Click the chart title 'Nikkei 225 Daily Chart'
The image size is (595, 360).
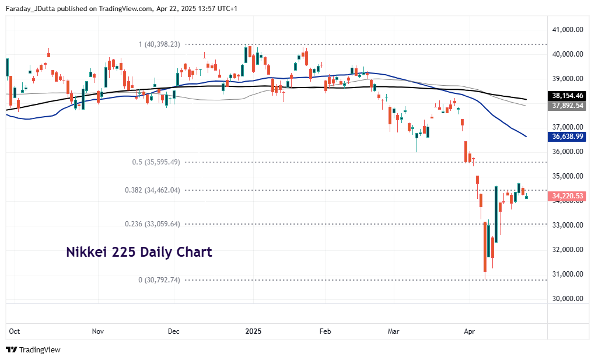coord(139,253)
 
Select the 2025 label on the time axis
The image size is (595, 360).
coord(253,331)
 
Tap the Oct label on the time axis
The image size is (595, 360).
coord(14,331)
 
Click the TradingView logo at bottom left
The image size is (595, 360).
coord(33,349)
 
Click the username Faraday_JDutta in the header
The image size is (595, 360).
coord(30,8)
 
